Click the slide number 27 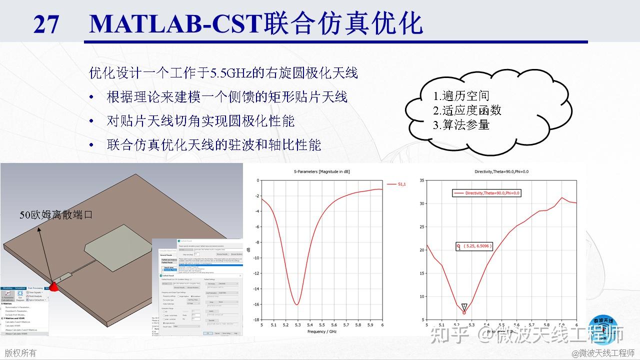coord(46,24)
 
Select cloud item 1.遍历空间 coord(460,96)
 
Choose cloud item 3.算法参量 coord(460,124)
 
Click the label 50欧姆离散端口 coord(56,215)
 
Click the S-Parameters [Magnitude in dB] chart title coord(322,171)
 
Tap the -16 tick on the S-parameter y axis coord(255,304)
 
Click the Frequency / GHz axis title coord(322,331)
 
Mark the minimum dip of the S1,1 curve coord(297,304)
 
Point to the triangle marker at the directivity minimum coord(464,306)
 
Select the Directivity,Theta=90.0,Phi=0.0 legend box coord(486,192)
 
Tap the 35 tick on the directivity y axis coord(421,180)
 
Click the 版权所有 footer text coord(21,352)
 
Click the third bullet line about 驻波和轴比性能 coord(214,145)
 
